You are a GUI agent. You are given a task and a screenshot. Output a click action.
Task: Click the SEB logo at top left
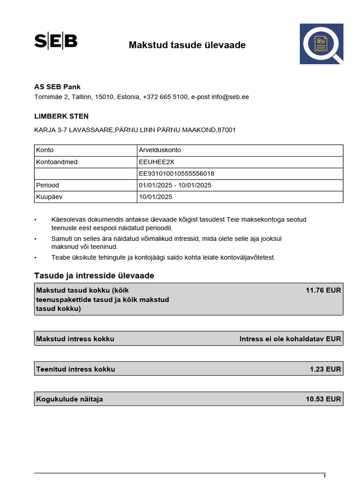click(x=56, y=41)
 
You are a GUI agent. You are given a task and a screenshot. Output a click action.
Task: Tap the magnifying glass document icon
click(x=322, y=44)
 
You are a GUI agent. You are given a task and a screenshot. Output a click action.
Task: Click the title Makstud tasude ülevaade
click(x=187, y=45)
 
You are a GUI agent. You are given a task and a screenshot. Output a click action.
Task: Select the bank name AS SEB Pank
click(x=57, y=87)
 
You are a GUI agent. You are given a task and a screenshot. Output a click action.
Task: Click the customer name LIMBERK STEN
click(x=61, y=116)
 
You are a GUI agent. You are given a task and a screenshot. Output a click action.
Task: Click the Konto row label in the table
click(x=45, y=150)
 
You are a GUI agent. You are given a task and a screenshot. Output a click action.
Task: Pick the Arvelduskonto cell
click(x=160, y=150)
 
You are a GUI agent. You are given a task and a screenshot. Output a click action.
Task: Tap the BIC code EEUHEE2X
click(x=156, y=162)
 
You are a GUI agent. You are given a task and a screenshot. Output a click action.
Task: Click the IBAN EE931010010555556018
click(x=177, y=173)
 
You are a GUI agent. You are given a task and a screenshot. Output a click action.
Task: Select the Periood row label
click(x=48, y=185)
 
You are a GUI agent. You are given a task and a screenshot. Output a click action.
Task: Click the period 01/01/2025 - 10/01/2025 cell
click(x=175, y=185)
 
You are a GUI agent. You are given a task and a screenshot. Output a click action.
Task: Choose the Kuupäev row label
click(x=49, y=197)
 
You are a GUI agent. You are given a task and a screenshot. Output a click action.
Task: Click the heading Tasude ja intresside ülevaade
click(x=94, y=276)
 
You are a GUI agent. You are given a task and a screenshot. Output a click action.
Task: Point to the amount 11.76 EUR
click(x=323, y=290)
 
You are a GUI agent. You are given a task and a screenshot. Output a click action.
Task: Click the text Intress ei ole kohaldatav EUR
click(x=290, y=339)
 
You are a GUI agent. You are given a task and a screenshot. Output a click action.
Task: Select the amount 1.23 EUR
click(x=325, y=369)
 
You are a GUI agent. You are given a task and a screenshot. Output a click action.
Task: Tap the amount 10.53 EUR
click(x=323, y=399)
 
